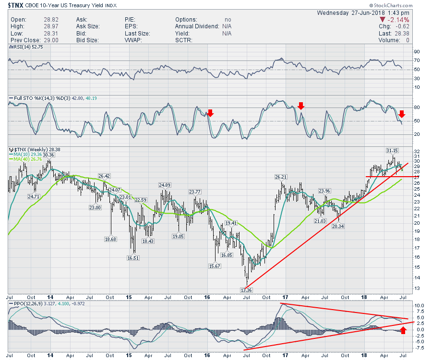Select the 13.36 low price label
click(x=246, y=290)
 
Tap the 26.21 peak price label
click(x=281, y=177)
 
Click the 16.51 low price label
click(x=133, y=258)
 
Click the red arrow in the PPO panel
click(x=403, y=330)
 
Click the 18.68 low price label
click(x=110, y=239)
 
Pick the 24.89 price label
click(x=165, y=185)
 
